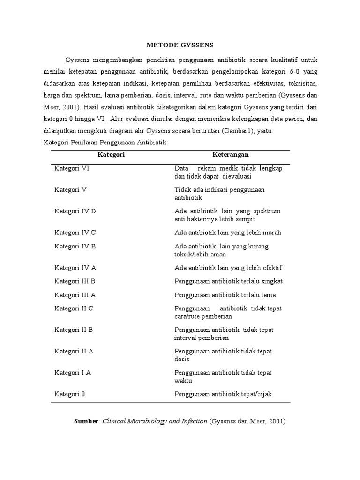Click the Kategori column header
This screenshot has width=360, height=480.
pyautogui.click(x=111, y=154)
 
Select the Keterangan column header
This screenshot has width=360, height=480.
pyautogui.click(x=230, y=154)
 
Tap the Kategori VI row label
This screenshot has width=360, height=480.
pyautogui.click(x=72, y=168)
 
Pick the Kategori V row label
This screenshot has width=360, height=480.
pyautogui.click(x=70, y=190)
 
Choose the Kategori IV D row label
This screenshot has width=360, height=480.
pyautogui.click(x=75, y=211)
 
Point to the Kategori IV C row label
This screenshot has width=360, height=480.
pyautogui.click(x=75, y=232)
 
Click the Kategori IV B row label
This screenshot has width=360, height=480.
pyautogui.click(x=75, y=247)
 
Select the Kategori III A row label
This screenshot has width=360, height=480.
pyautogui.click(x=75, y=295)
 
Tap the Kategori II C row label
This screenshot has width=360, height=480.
pyautogui.click(x=74, y=308)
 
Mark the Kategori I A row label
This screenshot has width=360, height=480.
pyautogui.click(x=72, y=373)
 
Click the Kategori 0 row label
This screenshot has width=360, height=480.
pyautogui.click(x=69, y=394)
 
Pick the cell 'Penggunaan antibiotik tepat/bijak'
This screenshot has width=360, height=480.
pyautogui.click(x=223, y=394)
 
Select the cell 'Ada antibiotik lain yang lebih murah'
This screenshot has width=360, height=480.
pyautogui.click(x=227, y=232)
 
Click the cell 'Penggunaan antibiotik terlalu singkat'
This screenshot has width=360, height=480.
pyautogui.click(x=228, y=281)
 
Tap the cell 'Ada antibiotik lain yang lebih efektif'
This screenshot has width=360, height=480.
pyautogui.click(x=228, y=268)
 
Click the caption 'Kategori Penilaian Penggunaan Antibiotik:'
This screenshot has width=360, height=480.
pyautogui.click(x=105, y=142)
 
